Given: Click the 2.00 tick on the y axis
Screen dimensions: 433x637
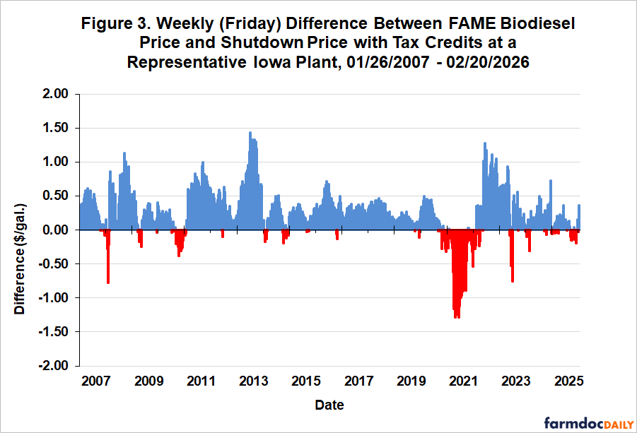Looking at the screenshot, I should click(x=55, y=94).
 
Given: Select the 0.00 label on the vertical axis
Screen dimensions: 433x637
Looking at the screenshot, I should click(x=55, y=230).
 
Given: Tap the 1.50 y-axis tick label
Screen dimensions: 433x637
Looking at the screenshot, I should click(x=55, y=128).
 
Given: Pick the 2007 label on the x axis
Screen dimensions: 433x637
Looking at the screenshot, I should click(x=95, y=382).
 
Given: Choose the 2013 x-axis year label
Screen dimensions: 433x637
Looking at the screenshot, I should click(x=253, y=382).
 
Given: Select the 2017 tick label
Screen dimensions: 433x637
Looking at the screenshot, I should click(x=358, y=382).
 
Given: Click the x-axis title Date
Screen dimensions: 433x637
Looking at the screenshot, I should click(x=329, y=405).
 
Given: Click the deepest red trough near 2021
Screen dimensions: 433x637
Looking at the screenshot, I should click(x=457, y=316).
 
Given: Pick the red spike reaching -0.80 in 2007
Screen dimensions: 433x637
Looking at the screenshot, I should click(x=108, y=281).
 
